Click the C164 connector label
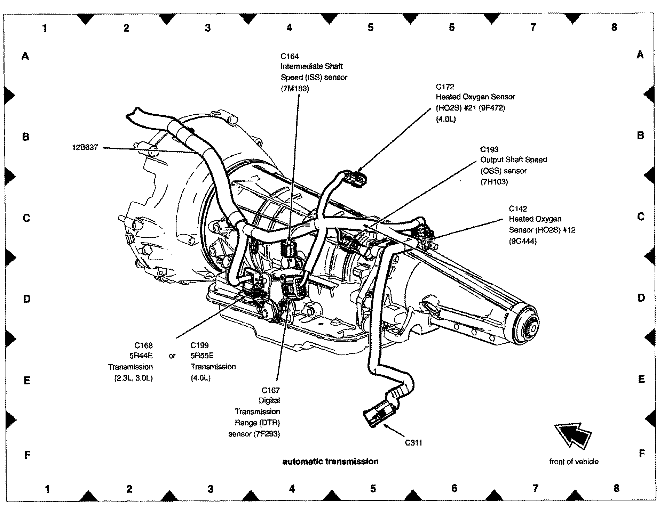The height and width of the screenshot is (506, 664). pyautogui.click(x=290, y=56)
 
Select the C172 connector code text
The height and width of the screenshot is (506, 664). pyautogui.click(x=445, y=87)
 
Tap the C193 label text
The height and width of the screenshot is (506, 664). pyautogui.click(x=489, y=149)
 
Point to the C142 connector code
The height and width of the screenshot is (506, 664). pyautogui.click(x=518, y=209)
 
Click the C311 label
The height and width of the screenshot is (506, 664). pyautogui.click(x=413, y=443)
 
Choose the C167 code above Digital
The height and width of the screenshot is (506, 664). pyautogui.click(x=271, y=390)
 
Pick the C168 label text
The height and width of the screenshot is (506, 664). pyautogui.click(x=143, y=345)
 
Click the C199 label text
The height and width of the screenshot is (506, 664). pyautogui.click(x=199, y=345)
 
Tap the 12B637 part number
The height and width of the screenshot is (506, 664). pyautogui.click(x=85, y=147)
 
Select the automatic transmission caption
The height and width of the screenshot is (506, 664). pyautogui.click(x=330, y=462)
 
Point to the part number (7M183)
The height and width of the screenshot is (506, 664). pyautogui.click(x=295, y=89)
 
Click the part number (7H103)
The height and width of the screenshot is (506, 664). pyautogui.click(x=494, y=182)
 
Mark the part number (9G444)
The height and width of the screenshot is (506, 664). pyautogui.click(x=523, y=241)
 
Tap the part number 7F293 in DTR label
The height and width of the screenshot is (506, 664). pyautogui.click(x=267, y=434)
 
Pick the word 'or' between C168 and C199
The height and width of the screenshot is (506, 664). pyautogui.click(x=172, y=356)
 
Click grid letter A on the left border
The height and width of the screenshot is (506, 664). pyautogui.click(x=25, y=56)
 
